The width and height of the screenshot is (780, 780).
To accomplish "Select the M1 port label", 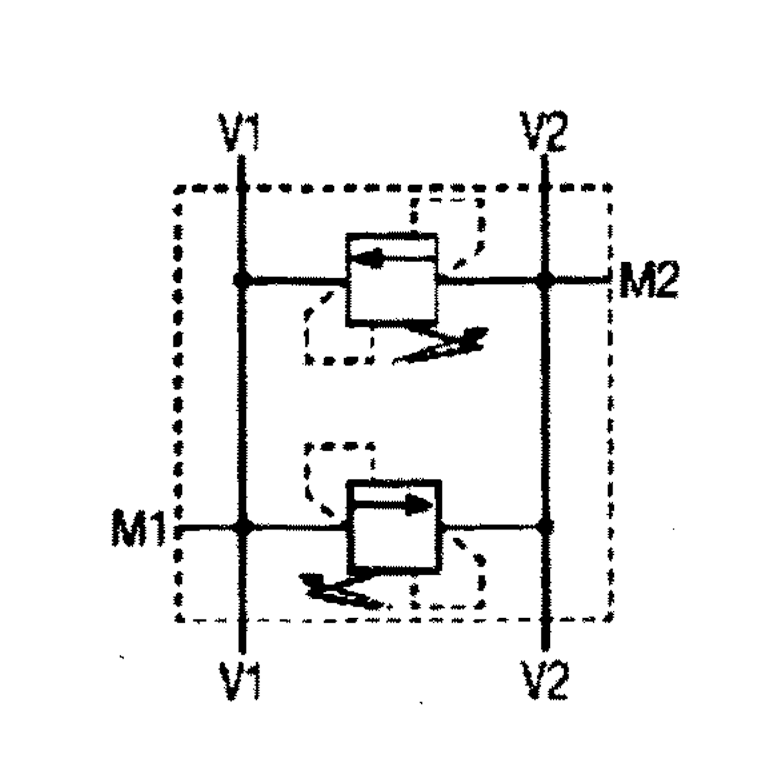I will [138, 527].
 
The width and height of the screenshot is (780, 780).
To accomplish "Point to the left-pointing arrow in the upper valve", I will [385, 258].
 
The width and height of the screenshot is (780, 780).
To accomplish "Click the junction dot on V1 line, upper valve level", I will [240, 280].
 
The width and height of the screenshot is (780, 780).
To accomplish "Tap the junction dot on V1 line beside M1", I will [241, 527].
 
